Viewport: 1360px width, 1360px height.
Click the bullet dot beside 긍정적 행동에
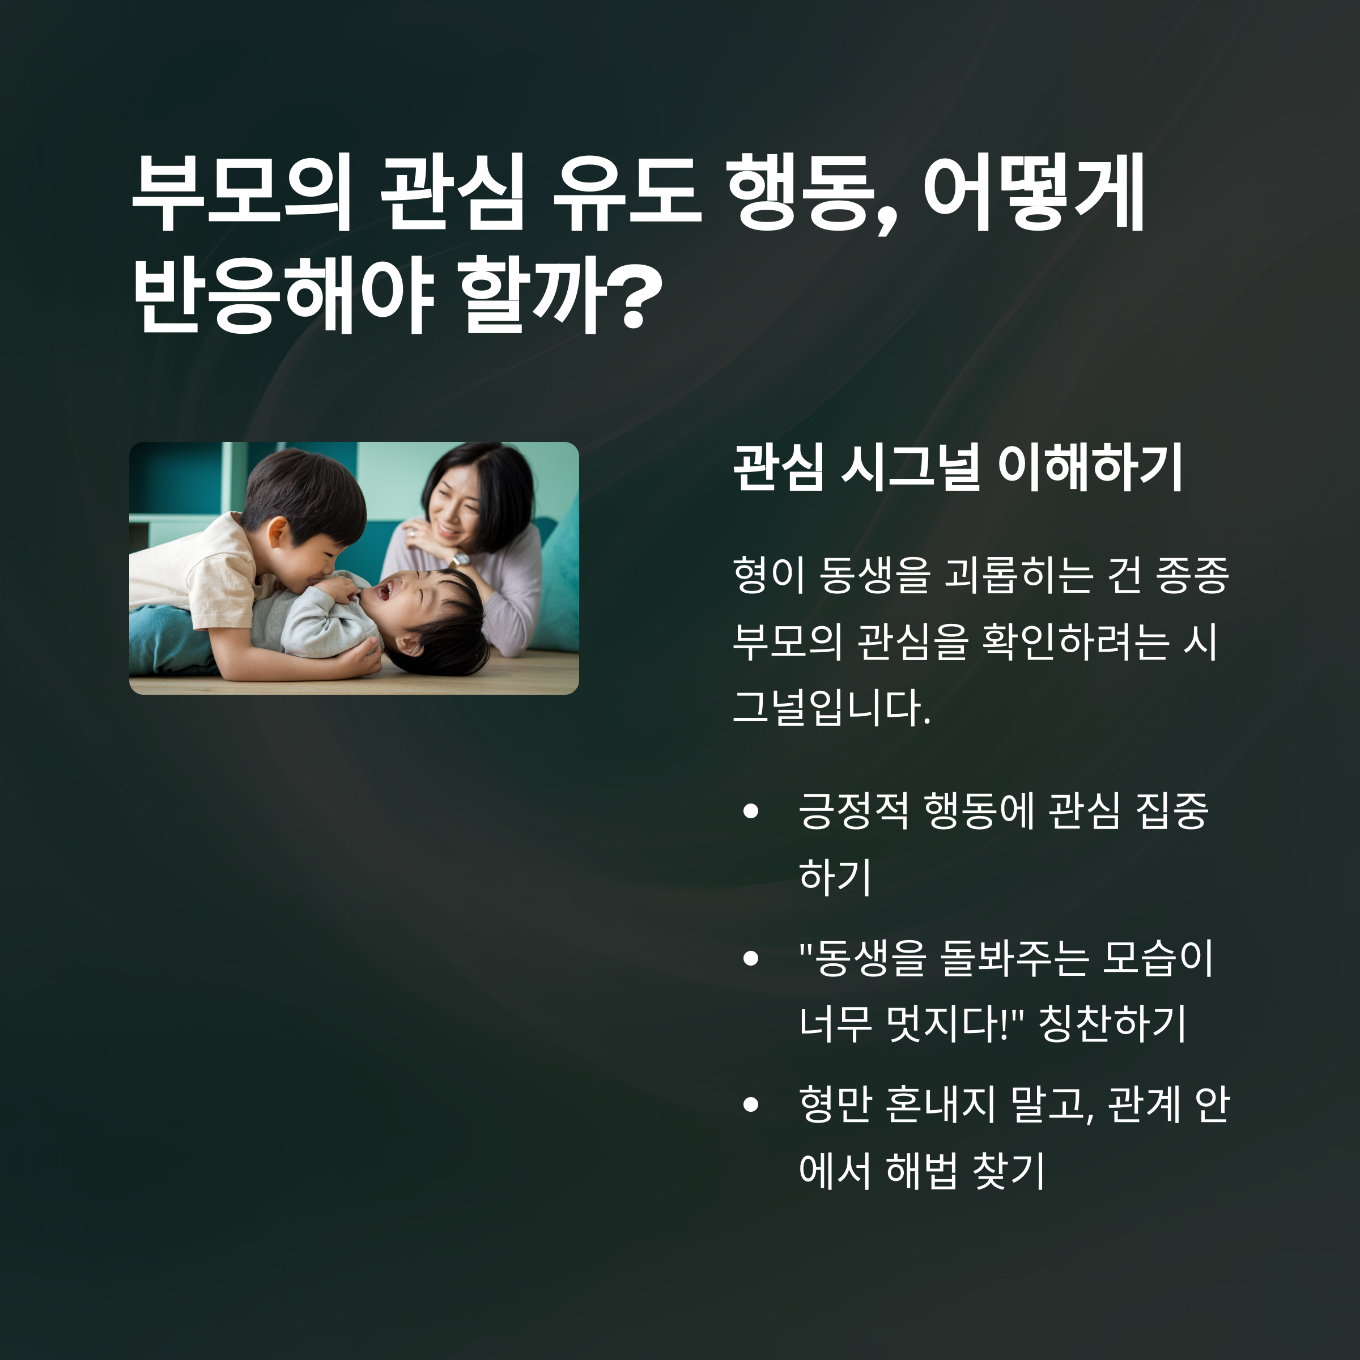coord(750,811)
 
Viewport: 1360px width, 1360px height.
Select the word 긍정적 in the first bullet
coord(854,811)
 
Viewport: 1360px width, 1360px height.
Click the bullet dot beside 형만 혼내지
coord(750,1104)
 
